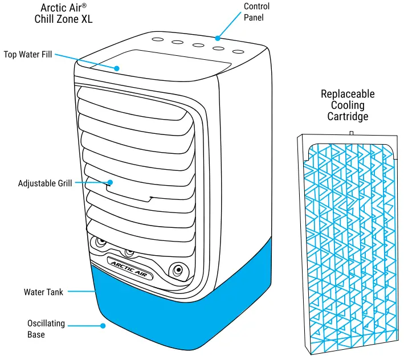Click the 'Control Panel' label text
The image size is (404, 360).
[x=256, y=11]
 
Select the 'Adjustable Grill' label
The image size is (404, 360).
[x=45, y=183]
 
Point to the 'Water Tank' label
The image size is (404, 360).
[x=43, y=292]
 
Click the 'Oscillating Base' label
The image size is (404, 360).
[x=46, y=329]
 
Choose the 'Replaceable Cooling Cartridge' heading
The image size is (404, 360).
[x=348, y=105]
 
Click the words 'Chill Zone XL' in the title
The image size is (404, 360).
[x=63, y=19]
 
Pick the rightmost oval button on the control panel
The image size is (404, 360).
[x=238, y=51]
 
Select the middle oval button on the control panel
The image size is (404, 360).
[x=198, y=46]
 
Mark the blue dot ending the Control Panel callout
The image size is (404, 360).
[x=217, y=38]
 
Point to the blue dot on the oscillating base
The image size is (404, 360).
[x=103, y=326]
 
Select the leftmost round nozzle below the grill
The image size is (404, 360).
[x=100, y=242]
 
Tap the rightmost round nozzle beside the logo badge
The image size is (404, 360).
[x=178, y=269]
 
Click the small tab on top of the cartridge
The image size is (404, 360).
[x=352, y=133]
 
